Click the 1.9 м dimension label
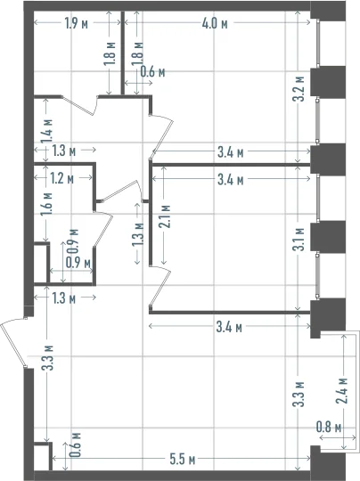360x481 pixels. pyautogui.click(x=77, y=23)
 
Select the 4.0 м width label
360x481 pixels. pyautogui.click(x=215, y=23)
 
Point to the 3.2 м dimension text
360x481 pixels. pyautogui.click(x=299, y=89)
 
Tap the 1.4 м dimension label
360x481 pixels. pyautogui.click(x=47, y=131)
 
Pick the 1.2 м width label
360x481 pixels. pyautogui.click(x=62, y=178)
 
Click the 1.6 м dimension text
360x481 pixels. pyautogui.click(x=47, y=204)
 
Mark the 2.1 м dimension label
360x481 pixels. pyautogui.click(x=165, y=216)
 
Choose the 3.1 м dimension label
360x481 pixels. pyautogui.click(x=299, y=240)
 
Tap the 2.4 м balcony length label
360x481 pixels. pyautogui.click(x=341, y=390)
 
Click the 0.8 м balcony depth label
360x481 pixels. pyautogui.click(x=329, y=428)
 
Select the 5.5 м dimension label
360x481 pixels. pyautogui.click(x=183, y=460)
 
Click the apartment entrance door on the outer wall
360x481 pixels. pyautogui.click(x=12, y=341)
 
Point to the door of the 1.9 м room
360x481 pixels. pyautogui.click(x=80, y=105)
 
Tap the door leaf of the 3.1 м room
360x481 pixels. pyautogui.click(x=160, y=287)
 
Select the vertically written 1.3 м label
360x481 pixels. pyautogui.click(x=138, y=234)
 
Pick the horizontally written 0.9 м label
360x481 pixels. pyautogui.click(x=78, y=263)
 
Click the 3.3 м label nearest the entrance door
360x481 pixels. pyautogui.click(x=48, y=358)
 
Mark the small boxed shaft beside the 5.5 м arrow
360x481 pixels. pyautogui.click(x=43, y=456)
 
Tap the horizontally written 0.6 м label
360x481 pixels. pyautogui.click(x=152, y=72)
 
